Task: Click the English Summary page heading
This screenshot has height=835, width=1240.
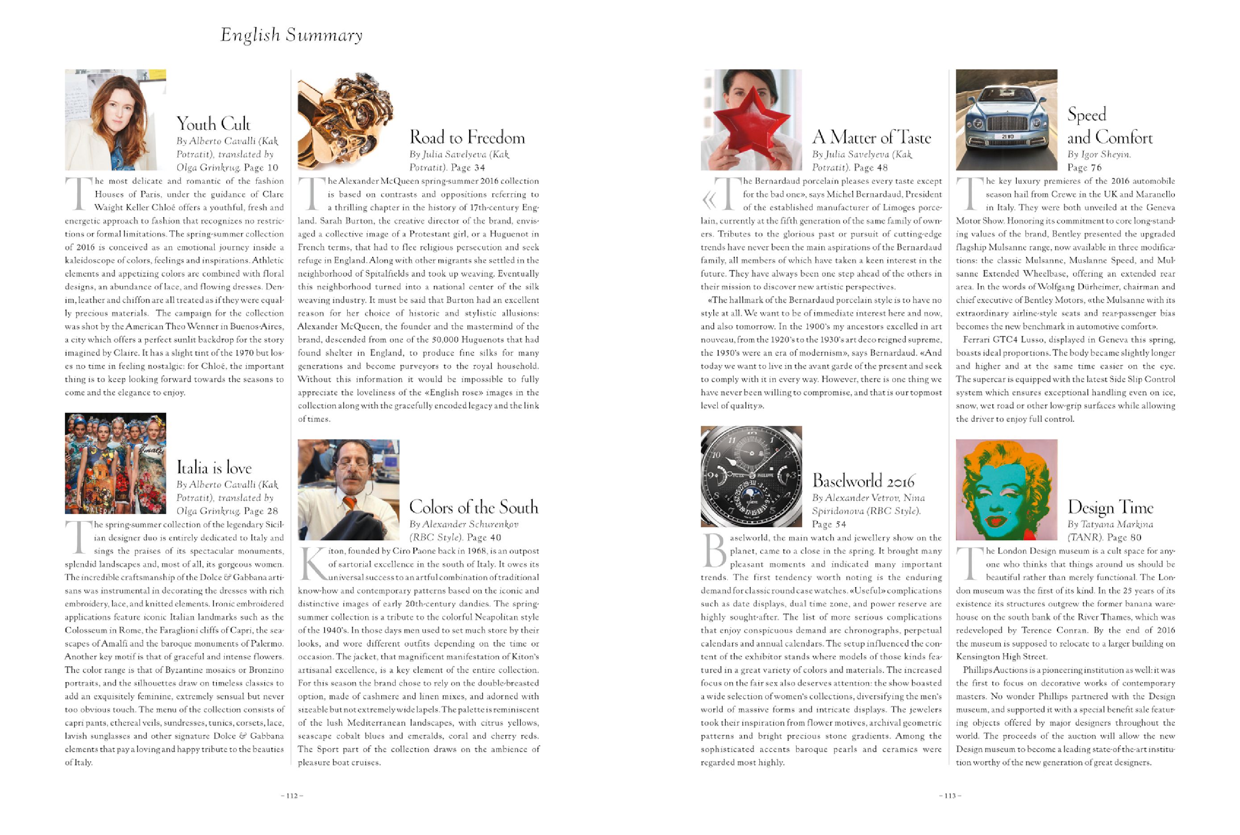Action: (291, 35)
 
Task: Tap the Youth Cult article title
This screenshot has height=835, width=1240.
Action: (213, 124)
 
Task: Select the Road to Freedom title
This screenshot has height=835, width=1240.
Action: (466, 137)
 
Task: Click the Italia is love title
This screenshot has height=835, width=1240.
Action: (214, 468)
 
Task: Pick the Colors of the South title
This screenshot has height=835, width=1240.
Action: (473, 507)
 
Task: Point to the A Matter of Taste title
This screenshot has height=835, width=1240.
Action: (871, 137)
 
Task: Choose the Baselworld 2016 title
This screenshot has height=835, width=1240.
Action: (863, 481)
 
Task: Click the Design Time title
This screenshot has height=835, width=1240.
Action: (1110, 507)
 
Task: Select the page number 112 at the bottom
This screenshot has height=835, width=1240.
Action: (292, 796)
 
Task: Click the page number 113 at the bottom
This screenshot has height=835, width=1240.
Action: (950, 796)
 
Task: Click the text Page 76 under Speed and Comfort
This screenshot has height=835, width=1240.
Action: (1084, 167)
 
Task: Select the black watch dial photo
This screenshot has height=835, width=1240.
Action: (751, 476)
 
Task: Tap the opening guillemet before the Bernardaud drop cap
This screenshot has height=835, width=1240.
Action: (708, 200)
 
